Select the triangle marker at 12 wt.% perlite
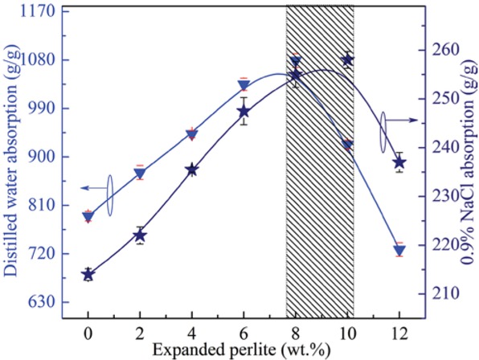coord(399,251)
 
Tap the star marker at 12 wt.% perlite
coord(399,162)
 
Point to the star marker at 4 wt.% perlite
coord(192,170)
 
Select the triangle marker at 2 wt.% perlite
coord(140,174)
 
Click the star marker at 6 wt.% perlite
coord(244,112)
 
